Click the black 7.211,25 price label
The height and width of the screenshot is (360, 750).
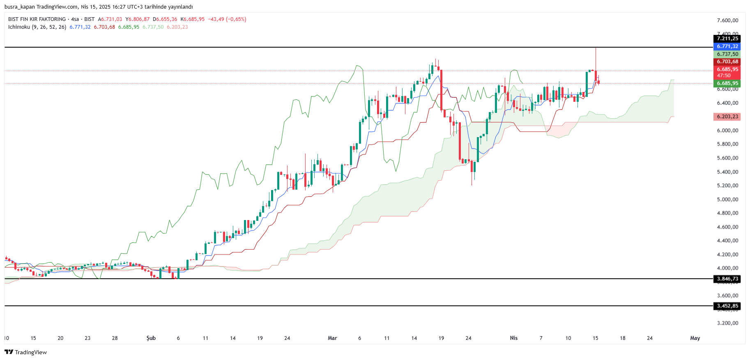(x=727, y=39)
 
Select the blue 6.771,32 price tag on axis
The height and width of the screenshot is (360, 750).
(x=727, y=46)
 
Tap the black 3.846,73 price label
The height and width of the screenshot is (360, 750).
(x=727, y=279)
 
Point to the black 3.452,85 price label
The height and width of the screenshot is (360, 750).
(x=727, y=306)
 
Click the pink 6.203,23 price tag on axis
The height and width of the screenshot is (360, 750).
(x=727, y=117)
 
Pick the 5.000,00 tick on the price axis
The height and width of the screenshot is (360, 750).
(x=727, y=199)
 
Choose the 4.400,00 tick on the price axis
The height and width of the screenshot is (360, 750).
(x=727, y=241)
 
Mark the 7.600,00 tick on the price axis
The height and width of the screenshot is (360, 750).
(x=727, y=21)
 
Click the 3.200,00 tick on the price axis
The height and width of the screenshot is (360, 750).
(x=727, y=323)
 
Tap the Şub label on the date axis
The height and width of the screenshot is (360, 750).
(x=151, y=338)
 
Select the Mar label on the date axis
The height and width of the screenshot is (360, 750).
(x=332, y=338)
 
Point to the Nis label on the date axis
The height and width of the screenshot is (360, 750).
(x=513, y=338)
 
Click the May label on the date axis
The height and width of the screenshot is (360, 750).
(x=695, y=338)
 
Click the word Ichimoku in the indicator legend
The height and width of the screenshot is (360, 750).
(x=19, y=27)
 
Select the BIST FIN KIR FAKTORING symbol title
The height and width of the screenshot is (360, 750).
(x=37, y=19)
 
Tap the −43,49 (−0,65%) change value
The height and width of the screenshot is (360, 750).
(x=227, y=19)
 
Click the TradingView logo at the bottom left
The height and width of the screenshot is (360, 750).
(x=26, y=352)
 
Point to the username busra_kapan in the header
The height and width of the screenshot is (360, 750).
(x=19, y=7)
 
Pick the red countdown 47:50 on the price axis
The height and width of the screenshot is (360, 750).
(x=724, y=76)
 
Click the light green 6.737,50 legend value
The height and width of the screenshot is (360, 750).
(x=153, y=27)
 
